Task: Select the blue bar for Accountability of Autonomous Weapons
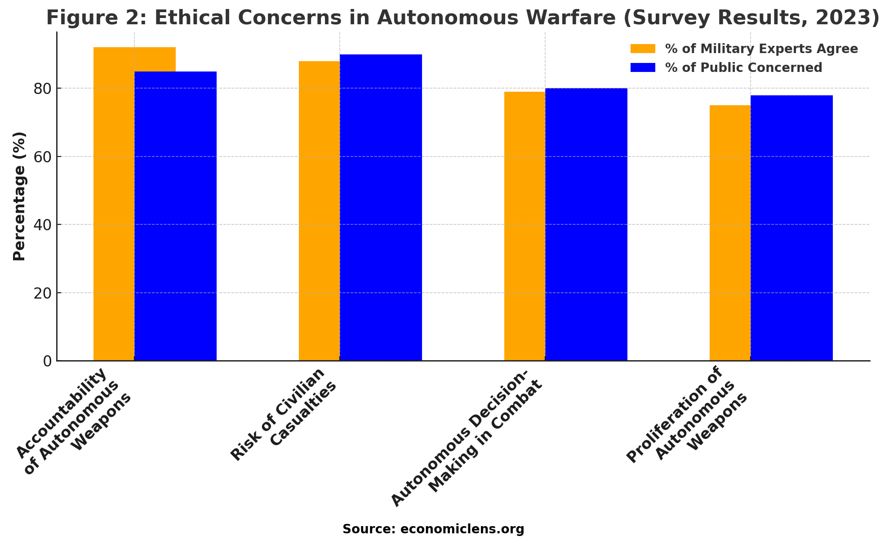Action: click(175, 216)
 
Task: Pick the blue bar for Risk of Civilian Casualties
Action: click(381, 207)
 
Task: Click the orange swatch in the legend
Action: click(643, 49)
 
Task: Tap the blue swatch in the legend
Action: click(643, 67)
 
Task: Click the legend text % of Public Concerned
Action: click(743, 67)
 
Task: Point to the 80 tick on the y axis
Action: click(43, 89)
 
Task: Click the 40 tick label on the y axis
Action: click(43, 225)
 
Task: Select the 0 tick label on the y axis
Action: click(48, 361)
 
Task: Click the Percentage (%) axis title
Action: click(19, 196)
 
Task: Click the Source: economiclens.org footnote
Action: click(433, 529)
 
